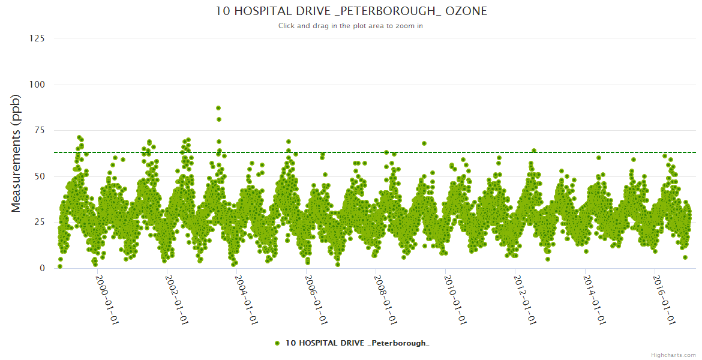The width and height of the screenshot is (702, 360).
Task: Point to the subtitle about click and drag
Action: (x=350, y=26)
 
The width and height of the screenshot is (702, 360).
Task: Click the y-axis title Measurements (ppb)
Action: (x=16, y=153)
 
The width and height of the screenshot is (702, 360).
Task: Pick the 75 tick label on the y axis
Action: (x=39, y=130)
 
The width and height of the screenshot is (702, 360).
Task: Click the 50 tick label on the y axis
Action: (x=39, y=176)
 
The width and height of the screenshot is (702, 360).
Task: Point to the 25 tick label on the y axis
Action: (x=39, y=223)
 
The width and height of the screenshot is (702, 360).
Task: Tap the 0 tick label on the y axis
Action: (x=41, y=268)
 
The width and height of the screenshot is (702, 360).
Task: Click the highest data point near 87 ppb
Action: (x=218, y=108)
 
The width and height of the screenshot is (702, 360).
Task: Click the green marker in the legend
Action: (x=277, y=343)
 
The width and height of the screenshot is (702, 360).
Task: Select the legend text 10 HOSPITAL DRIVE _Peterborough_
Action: (x=358, y=343)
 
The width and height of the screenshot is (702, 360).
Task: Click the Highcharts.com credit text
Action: (x=673, y=355)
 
